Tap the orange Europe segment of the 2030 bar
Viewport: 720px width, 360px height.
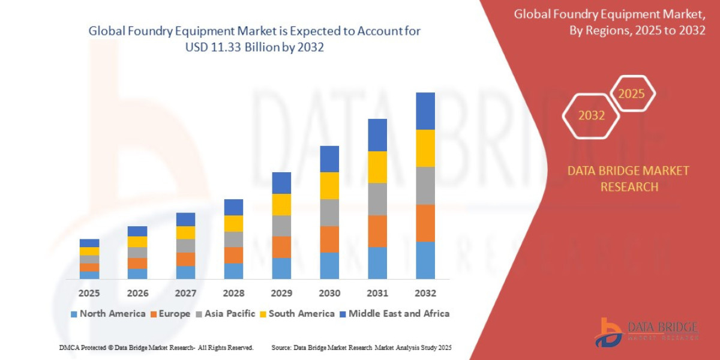329,239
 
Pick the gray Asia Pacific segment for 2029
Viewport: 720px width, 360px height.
281,226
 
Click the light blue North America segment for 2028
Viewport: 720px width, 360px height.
233,271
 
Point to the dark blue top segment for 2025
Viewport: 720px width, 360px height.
89,243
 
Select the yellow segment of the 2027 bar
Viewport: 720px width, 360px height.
185,233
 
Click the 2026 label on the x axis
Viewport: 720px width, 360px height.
137,293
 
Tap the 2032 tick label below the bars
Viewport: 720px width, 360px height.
425,293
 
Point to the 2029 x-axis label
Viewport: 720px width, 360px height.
281,293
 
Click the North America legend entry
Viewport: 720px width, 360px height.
108,314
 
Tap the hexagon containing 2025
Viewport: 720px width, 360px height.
631,94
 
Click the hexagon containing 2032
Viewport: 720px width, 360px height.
591,116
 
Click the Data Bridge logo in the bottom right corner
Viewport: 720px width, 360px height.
647,332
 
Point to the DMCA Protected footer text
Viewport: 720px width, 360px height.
156,348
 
